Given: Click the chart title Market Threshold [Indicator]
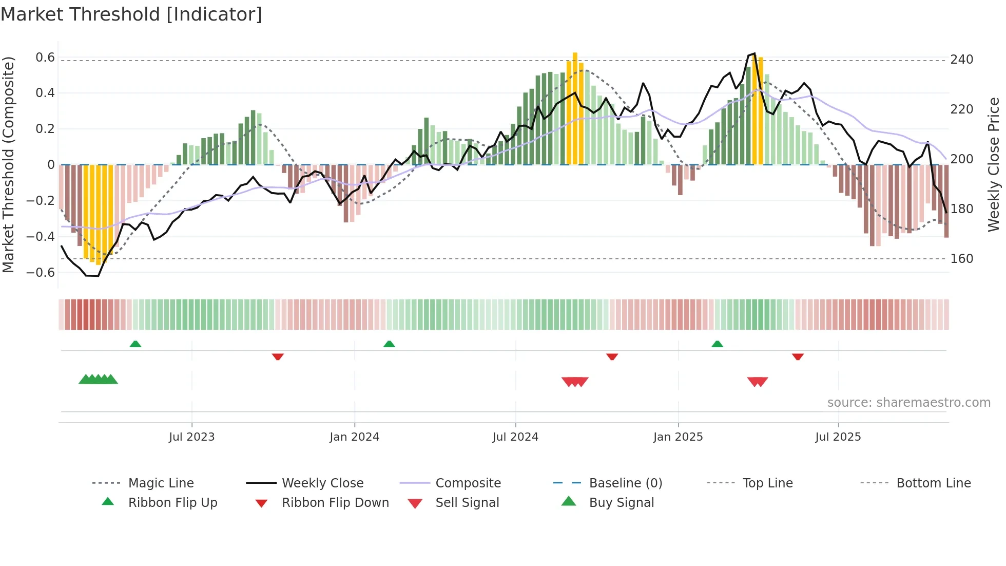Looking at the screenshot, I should click(131, 14).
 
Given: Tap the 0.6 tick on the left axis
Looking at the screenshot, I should click(45, 58).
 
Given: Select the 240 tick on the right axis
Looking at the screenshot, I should click(961, 60).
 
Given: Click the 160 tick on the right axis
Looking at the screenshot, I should click(961, 259).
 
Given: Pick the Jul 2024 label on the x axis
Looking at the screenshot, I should click(515, 437).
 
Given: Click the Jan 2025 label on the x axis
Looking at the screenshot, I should click(678, 437).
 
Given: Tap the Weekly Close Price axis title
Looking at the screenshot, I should click(994, 164).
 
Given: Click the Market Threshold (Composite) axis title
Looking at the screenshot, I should click(8, 164).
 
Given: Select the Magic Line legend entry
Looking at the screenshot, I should click(161, 483).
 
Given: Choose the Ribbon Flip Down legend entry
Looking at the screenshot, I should click(335, 503).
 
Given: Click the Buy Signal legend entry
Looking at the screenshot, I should click(621, 503).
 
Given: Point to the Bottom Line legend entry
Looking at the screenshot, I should click(933, 483).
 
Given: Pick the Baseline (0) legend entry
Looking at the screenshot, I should click(625, 483).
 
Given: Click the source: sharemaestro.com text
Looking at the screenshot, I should click(908, 403).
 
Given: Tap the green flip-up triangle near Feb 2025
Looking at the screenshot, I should click(717, 344).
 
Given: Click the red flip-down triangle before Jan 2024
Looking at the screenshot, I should click(278, 356).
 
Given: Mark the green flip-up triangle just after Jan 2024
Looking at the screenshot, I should click(389, 344).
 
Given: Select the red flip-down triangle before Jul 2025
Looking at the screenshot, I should click(798, 356).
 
